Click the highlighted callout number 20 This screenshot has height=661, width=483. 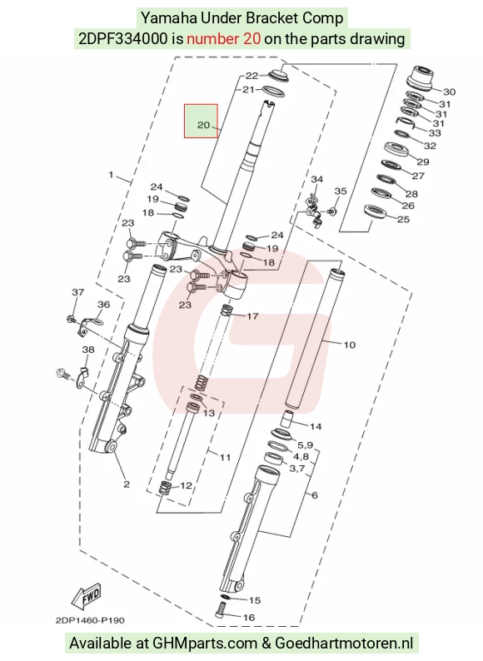[x=203, y=125]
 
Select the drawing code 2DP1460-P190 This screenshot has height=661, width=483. [x=90, y=620]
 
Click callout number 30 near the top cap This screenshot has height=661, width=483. [x=449, y=92]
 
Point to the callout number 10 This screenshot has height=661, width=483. [x=349, y=345]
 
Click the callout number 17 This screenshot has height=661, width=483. [x=251, y=316]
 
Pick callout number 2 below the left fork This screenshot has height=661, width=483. [x=127, y=485]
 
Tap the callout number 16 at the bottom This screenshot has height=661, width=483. [x=249, y=618]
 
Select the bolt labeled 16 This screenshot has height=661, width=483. [x=221, y=610]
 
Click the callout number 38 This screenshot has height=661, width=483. [x=88, y=350]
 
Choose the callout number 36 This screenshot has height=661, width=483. [x=104, y=305]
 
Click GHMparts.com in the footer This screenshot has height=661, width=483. [x=205, y=644]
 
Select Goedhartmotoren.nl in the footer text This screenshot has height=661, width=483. [x=344, y=644]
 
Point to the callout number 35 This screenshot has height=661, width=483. [x=341, y=191]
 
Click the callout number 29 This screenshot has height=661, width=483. [x=423, y=162]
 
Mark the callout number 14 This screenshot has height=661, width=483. [x=316, y=426]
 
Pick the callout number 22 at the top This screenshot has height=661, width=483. [x=251, y=76]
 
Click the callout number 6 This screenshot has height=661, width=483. [x=315, y=495]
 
